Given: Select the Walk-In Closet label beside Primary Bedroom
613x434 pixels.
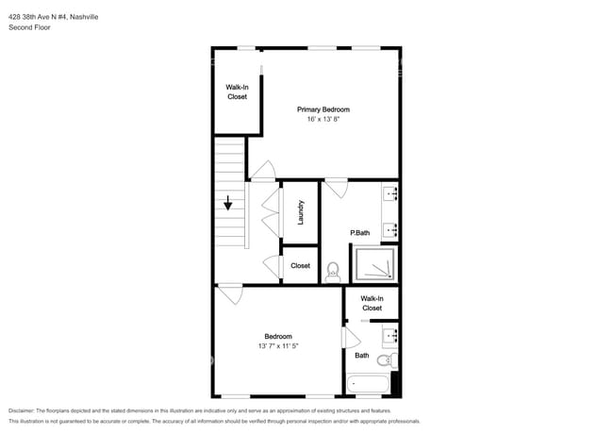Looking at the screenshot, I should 237,92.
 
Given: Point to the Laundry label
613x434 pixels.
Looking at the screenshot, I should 301,211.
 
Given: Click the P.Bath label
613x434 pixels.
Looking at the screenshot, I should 358,233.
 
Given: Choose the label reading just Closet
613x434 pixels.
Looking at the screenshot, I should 300,266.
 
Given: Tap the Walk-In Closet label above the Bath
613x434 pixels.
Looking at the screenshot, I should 372,303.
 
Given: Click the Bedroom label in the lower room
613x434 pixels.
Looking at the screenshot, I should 277,336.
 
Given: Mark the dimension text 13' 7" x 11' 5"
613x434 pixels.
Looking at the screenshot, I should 277,346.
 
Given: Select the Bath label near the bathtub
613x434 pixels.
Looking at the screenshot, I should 362,356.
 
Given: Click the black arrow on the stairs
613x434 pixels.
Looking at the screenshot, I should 228,202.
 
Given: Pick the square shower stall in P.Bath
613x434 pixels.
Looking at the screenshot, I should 374,264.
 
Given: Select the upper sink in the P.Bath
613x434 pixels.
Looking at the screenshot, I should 391,195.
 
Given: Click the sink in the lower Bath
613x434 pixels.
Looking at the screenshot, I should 390,334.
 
